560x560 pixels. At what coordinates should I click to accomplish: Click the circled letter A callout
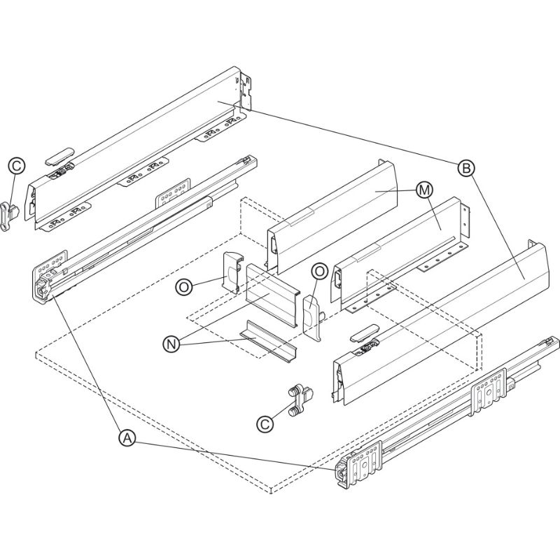tap(127, 438)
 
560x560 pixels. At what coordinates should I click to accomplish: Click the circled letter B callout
tap(466, 168)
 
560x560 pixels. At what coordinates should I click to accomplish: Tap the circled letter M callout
tap(424, 190)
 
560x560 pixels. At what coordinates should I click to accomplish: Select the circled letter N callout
tap(171, 344)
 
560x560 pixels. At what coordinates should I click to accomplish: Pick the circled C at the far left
tap(17, 166)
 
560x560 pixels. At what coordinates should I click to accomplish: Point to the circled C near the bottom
tap(265, 424)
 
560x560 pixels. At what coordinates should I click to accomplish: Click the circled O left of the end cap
tap(184, 288)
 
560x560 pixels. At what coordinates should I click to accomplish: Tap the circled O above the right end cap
tap(320, 272)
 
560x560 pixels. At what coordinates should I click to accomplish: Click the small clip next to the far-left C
tap(10, 216)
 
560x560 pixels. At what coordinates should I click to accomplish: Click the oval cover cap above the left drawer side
tap(60, 155)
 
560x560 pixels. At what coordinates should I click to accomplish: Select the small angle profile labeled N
tap(269, 341)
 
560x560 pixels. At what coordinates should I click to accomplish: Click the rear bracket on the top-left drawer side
tap(247, 91)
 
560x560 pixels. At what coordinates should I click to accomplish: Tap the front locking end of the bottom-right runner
tap(342, 472)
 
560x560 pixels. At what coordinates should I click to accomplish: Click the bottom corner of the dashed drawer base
tap(271, 493)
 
